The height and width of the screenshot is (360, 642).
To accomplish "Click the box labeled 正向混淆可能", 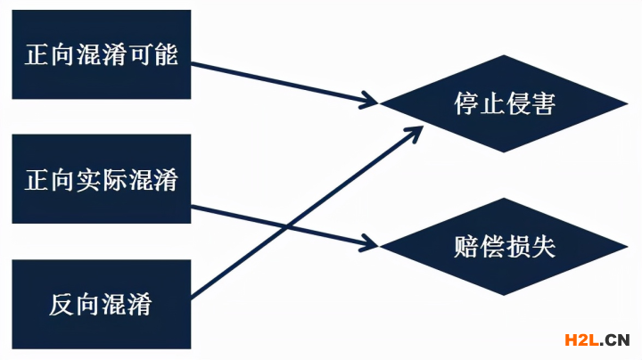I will coord(101,54).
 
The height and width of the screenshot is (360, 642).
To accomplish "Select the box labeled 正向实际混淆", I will coord(101,179).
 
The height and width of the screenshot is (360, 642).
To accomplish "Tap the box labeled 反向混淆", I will coord(101,304).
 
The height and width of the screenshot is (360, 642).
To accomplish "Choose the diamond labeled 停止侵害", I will coord(504,104).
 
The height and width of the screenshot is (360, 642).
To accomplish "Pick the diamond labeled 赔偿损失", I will coord(504,247).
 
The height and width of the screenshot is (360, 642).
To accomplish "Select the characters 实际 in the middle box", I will coord(101,179).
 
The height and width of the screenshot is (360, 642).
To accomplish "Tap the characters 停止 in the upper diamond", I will coord(479,104).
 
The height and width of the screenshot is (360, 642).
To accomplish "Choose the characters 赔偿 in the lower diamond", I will coord(479,247).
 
